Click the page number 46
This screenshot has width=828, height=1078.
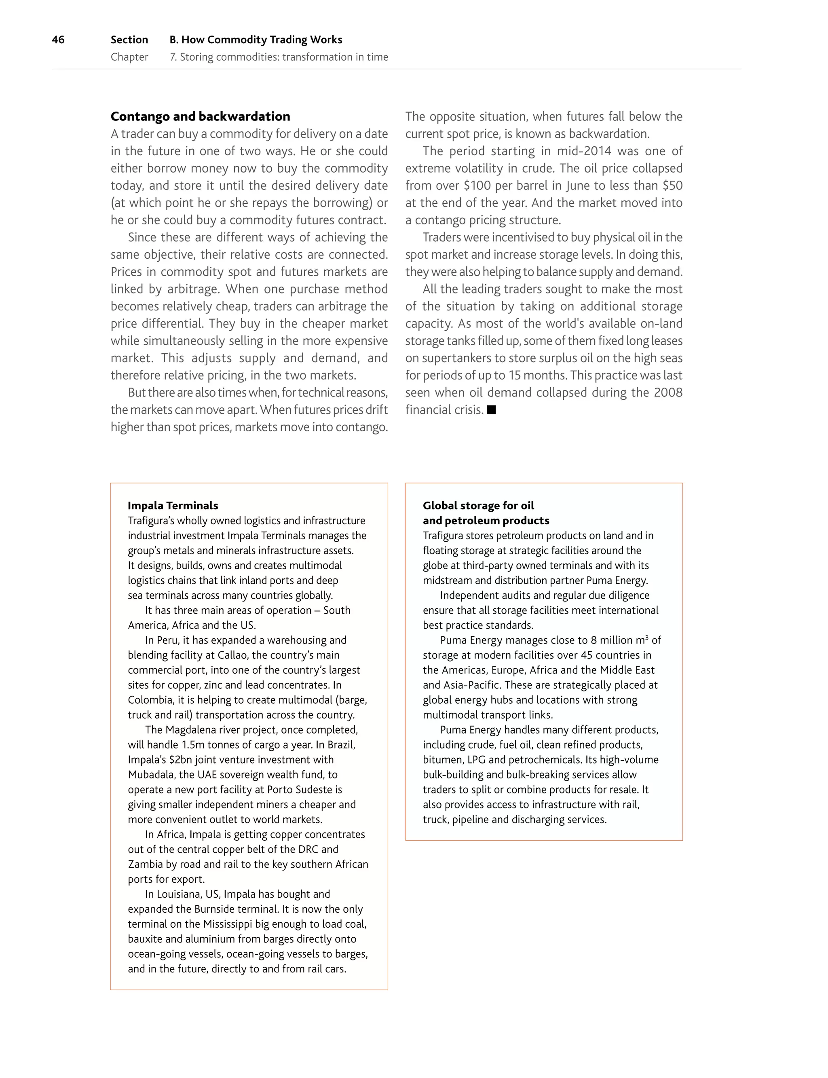58,40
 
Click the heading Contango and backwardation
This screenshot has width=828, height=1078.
200,116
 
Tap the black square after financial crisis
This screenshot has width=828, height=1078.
491,409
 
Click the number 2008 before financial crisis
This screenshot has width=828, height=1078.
668,392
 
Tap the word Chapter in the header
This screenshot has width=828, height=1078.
129,57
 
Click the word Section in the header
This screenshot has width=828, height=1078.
129,40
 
